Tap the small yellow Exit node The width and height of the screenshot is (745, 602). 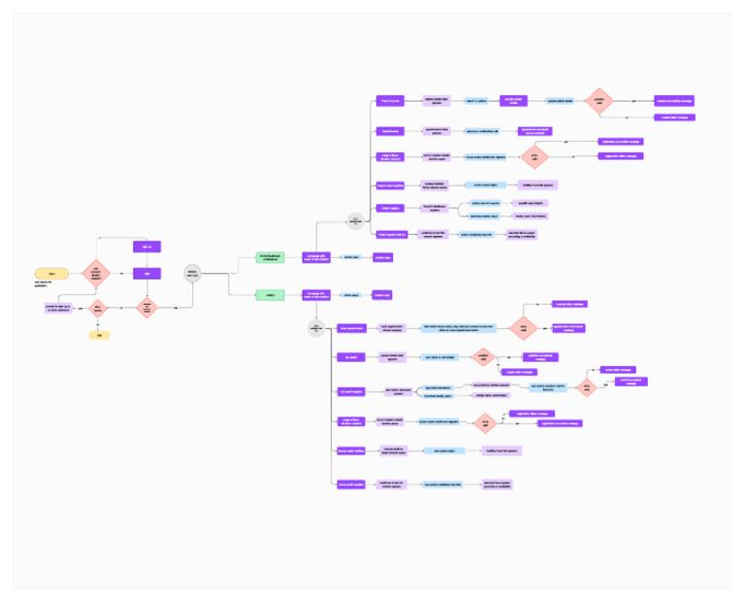97,335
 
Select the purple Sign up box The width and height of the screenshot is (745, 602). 146,247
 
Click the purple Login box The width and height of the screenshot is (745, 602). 146,273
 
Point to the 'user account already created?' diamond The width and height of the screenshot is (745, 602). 96,273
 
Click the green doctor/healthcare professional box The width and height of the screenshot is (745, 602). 270,256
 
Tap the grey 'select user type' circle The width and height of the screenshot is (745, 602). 192,274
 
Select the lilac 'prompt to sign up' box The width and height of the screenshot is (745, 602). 57,308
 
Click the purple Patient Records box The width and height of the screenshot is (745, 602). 389,100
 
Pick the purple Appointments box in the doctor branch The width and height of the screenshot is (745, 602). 389,130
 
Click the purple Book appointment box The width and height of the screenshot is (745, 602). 348,328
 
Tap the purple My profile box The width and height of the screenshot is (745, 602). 348,357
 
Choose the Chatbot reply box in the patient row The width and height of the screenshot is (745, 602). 382,294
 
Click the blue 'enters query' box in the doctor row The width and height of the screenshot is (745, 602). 351,257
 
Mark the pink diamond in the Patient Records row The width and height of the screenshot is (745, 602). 599,100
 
